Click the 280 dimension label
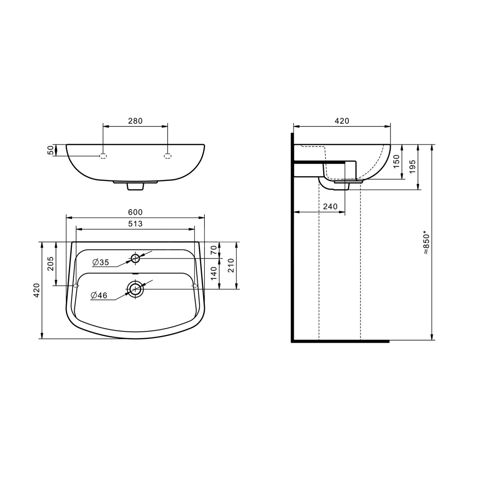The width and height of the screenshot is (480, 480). coord(135,121)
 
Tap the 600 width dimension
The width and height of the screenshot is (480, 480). coord(135,212)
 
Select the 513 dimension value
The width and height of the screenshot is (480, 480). coord(135,224)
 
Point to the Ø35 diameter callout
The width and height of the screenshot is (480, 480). coord(101,262)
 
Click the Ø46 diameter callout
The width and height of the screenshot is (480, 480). coord(99,296)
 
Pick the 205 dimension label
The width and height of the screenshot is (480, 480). coord(50,264)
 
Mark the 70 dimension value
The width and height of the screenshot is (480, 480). coord(214,250)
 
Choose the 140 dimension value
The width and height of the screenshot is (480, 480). coord(214,273)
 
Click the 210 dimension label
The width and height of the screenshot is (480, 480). coord(231,266)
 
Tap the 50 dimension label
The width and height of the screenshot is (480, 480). coord(50,150)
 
